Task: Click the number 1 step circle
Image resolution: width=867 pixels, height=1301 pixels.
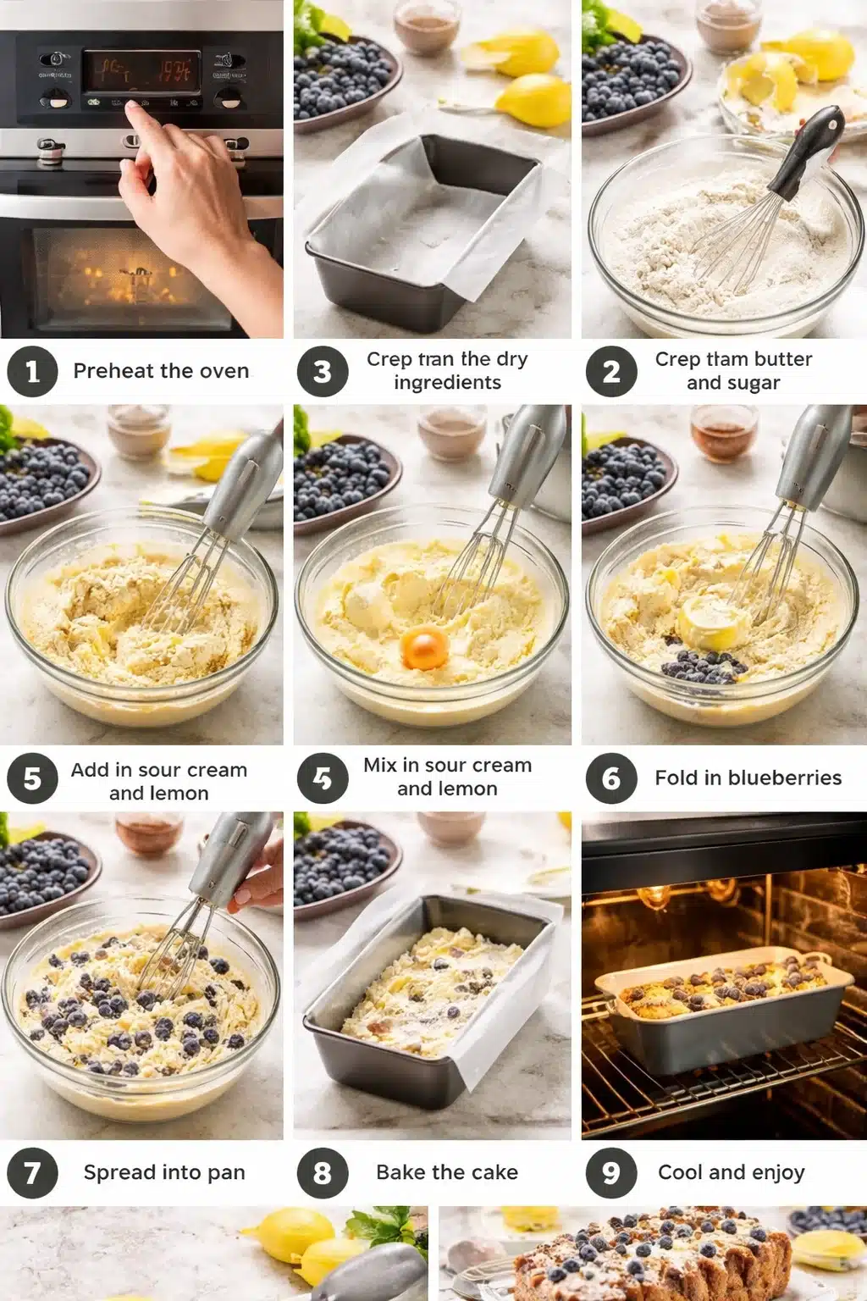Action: pyautogui.click(x=32, y=371)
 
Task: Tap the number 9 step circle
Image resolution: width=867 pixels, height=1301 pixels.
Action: pyautogui.click(x=610, y=1172)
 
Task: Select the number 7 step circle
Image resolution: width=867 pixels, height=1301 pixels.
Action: pyautogui.click(x=32, y=1172)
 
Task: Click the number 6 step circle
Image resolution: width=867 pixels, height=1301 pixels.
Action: pyautogui.click(x=610, y=778)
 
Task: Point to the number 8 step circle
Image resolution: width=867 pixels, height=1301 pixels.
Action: pyautogui.click(x=322, y=1172)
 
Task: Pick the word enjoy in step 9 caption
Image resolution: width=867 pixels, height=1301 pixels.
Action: pyautogui.click(x=777, y=1173)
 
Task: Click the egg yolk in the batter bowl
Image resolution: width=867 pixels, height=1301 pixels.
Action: pyautogui.click(x=424, y=648)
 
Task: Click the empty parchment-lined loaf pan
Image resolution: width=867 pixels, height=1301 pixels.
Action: pyautogui.click(x=423, y=220)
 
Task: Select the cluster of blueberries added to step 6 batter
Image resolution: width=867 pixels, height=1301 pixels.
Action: pyautogui.click(x=703, y=668)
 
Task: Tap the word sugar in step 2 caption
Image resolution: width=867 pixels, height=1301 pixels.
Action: pyautogui.click(x=757, y=383)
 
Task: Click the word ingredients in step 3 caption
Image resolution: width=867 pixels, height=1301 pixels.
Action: pyautogui.click(x=447, y=383)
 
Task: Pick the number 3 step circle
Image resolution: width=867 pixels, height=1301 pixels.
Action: pyautogui.click(x=322, y=371)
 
